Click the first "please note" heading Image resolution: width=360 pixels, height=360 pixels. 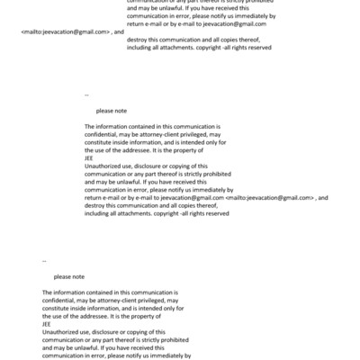click(111, 110)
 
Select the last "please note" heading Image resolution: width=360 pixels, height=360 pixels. click(69, 277)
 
